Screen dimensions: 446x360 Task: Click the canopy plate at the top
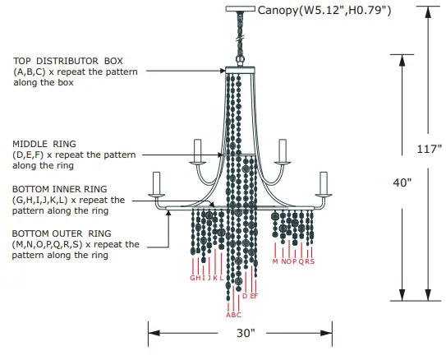241,9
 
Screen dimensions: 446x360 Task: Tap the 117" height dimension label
430,149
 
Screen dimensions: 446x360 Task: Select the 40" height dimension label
402,182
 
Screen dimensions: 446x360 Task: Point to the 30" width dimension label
246,333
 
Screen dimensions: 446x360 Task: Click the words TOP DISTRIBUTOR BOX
68,61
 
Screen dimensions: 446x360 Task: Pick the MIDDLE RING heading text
44,144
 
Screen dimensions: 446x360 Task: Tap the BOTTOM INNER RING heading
60,189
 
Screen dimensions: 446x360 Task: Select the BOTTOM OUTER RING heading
62,233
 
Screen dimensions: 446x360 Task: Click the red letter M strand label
275,261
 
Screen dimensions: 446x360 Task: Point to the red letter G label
193,278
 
